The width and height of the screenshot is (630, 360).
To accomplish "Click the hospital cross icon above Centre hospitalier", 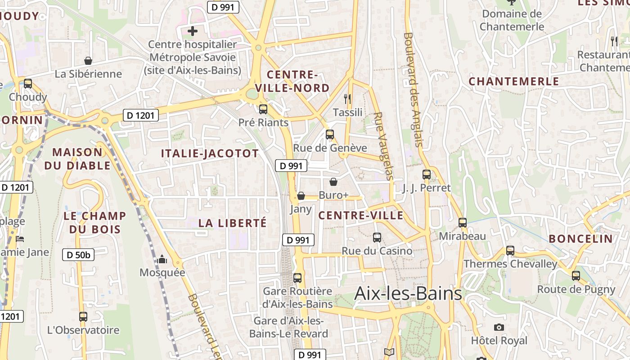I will pyautogui.click(x=193, y=31).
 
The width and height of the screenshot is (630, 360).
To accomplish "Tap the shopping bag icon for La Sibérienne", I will pyautogui.click(x=88, y=61).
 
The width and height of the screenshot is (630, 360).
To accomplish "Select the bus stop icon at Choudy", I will pyautogui.click(x=28, y=83).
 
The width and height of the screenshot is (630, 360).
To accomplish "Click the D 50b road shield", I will pyautogui.click(x=78, y=255).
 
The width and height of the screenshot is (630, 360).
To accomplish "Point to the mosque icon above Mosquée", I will pyautogui.click(x=162, y=259).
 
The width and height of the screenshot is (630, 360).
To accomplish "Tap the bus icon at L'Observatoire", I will pyautogui.click(x=83, y=316).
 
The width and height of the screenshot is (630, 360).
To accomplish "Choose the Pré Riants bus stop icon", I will pyautogui.click(x=263, y=109).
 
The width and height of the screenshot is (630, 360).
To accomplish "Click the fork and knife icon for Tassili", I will pyautogui.click(x=347, y=99).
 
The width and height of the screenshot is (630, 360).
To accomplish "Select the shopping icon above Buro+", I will pyautogui.click(x=333, y=182).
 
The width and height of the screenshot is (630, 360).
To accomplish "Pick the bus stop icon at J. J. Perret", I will pyautogui.click(x=427, y=174).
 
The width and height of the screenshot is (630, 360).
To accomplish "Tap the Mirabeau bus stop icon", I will pyautogui.click(x=463, y=222).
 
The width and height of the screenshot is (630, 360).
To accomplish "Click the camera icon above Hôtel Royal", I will pyautogui.click(x=499, y=327).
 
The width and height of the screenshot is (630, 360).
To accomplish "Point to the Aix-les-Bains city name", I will pyautogui.click(x=408, y=293).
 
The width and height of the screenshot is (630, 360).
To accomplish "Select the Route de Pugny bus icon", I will pyautogui.click(x=576, y=275).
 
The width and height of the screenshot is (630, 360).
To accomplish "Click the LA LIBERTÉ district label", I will pyautogui.click(x=233, y=223).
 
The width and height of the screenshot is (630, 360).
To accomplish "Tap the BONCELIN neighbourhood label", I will pyautogui.click(x=580, y=238).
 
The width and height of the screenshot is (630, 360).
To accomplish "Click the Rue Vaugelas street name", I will pyautogui.click(x=384, y=146).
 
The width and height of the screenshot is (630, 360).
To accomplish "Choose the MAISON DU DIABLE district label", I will pyautogui.click(x=77, y=159).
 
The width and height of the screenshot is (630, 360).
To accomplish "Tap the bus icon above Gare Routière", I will pyautogui.click(x=297, y=278).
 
